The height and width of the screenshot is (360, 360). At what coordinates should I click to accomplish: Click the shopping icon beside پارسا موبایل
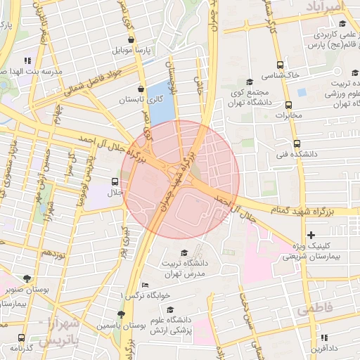tap(131, 39)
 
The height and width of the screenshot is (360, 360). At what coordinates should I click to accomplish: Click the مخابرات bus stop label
tap(287, 115)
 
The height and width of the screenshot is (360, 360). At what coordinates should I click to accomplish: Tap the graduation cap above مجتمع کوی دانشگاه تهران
tap(249, 82)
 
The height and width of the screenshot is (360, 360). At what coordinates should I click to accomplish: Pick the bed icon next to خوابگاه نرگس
tap(145, 285)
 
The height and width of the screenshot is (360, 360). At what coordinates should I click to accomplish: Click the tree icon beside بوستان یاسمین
tap(121, 314)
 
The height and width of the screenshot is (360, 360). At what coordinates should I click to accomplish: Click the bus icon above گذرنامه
tap(21, 337)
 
